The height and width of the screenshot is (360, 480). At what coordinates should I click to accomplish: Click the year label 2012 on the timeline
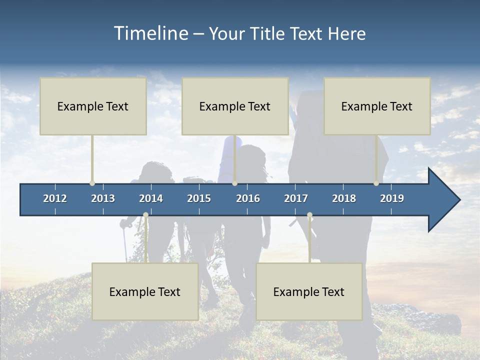(x=55, y=198)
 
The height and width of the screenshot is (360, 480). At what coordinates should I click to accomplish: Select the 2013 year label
(x=103, y=198)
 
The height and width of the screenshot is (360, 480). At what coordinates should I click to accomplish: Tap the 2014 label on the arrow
(x=151, y=198)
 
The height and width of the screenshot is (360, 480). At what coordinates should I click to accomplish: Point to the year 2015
(x=199, y=198)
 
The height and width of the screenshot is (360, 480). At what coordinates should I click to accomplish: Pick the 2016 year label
(x=248, y=198)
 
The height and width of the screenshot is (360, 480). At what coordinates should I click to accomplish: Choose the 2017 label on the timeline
(x=296, y=198)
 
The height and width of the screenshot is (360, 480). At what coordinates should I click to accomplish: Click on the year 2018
(x=344, y=198)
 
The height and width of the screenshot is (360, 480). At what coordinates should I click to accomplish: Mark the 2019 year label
(x=392, y=198)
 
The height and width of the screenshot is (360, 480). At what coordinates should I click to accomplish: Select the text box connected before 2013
(x=93, y=106)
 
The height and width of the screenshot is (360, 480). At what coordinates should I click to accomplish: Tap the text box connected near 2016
(x=235, y=106)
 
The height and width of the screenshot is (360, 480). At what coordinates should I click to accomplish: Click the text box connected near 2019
(x=377, y=106)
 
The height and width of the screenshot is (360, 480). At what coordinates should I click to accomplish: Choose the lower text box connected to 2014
(x=145, y=291)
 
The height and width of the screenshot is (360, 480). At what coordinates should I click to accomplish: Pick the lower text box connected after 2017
(x=309, y=291)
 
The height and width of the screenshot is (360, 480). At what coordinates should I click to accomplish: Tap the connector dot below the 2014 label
(x=145, y=215)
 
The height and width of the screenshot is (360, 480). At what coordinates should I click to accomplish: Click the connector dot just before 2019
(x=376, y=183)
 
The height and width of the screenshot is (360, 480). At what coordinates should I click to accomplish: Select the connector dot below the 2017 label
(x=309, y=215)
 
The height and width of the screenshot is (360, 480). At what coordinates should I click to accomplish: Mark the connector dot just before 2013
(x=92, y=183)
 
